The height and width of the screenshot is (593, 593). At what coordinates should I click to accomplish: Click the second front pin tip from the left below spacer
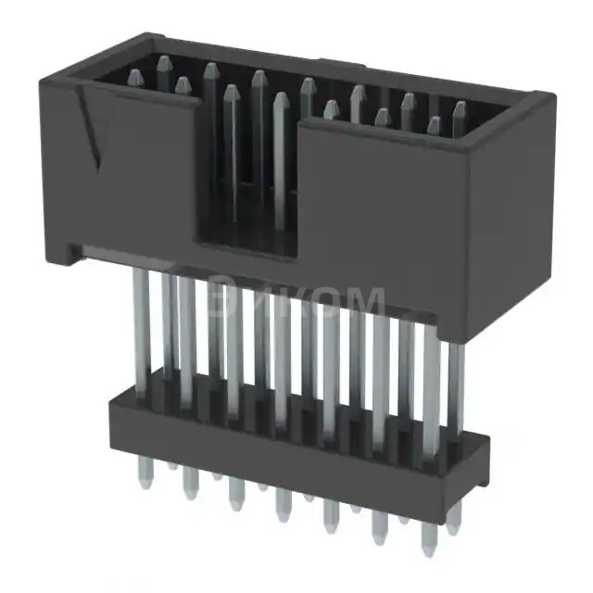point(190,486)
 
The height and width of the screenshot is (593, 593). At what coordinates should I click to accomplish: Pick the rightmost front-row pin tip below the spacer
point(427,543)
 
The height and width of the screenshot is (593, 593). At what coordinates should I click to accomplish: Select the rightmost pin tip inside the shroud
point(460,110)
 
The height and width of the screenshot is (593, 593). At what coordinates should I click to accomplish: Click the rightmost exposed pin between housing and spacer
point(454,389)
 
